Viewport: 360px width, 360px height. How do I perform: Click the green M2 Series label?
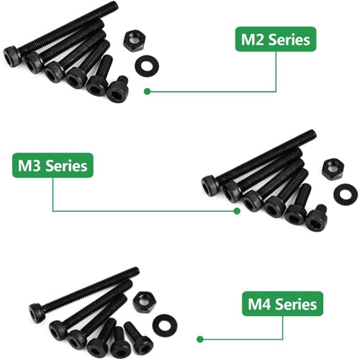tap(276, 39)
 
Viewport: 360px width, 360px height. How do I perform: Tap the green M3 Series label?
tap(53, 166)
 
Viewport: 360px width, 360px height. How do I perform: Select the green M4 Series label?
tap(282, 304)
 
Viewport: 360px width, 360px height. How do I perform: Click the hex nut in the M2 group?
tap(135, 40)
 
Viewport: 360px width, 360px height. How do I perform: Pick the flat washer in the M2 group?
tap(147, 66)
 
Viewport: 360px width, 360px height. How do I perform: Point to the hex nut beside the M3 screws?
tap(333, 169)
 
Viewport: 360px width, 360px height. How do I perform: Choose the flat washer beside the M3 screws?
tap(346, 194)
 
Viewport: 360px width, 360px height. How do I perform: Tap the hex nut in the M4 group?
tap(144, 302)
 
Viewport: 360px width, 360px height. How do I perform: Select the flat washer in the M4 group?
tap(165, 325)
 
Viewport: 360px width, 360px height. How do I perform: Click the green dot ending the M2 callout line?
tap(147, 91)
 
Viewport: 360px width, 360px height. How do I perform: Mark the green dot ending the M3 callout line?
tap(237, 211)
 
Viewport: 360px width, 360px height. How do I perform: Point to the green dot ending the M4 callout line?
tap(200, 339)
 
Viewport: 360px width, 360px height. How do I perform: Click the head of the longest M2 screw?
tap(13, 56)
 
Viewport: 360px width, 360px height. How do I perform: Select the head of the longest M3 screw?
tap(211, 186)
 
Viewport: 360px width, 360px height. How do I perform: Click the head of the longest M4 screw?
tap(37, 312)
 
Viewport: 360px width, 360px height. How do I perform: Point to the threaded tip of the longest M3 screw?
tap(313, 134)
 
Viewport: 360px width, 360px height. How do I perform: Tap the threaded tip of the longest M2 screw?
tap(114, 6)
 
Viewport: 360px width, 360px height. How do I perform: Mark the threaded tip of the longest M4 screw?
tap(136, 271)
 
